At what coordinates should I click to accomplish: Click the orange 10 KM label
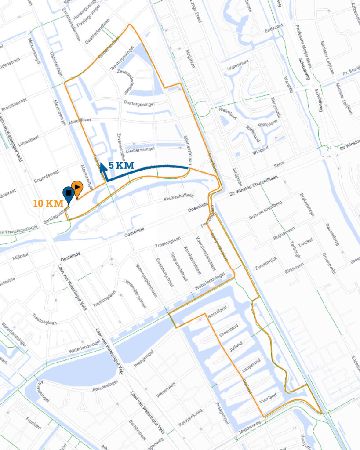point(48,204)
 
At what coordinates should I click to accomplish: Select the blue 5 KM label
point(121,166)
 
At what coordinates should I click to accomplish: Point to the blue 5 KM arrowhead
point(102,166)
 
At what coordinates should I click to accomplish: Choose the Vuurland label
point(268,397)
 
